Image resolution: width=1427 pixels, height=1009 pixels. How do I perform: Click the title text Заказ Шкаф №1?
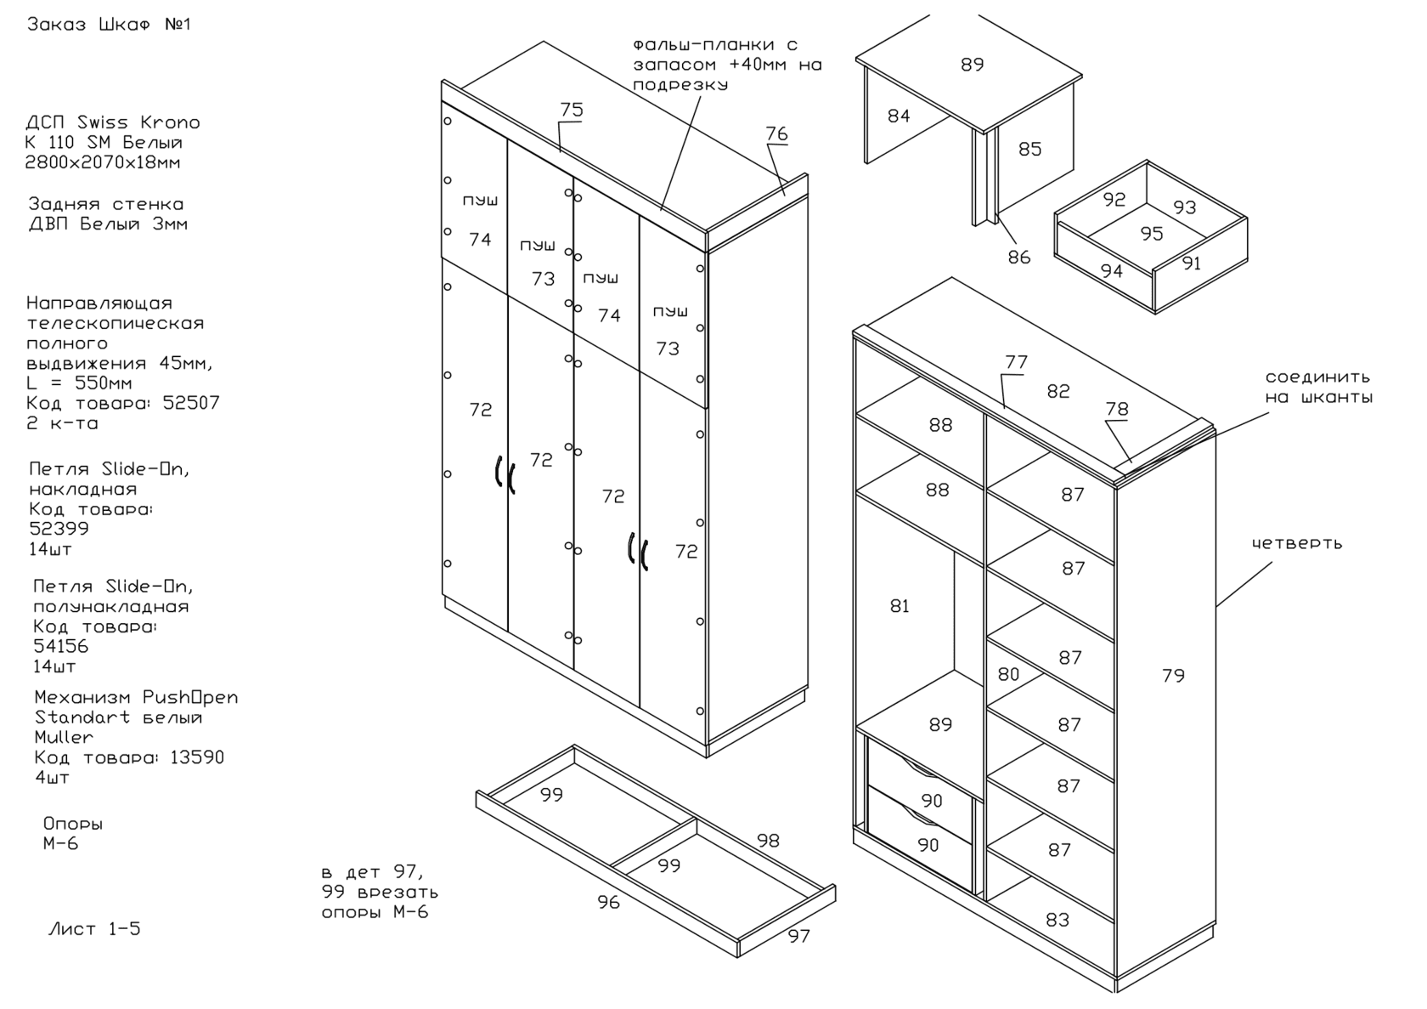tap(109, 25)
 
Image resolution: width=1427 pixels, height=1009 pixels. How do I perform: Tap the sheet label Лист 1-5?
tap(94, 929)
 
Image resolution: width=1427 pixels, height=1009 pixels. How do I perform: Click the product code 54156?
tap(60, 646)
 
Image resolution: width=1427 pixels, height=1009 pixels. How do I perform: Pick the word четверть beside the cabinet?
tap(1296, 543)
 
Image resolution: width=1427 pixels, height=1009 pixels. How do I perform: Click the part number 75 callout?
tap(572, 111)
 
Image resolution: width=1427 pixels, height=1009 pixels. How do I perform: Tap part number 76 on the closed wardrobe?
tap(776, 134)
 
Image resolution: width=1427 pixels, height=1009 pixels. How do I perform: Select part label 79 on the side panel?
tap(1173, 676)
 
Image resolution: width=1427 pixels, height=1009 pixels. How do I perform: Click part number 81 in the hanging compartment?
tap(900, 606)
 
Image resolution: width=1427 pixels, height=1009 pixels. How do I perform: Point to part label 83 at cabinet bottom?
tap(1058, 920)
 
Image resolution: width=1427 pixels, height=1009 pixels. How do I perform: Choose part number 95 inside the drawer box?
tap(1152, 234)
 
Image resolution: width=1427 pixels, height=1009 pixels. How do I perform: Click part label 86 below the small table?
tap(1019, 257)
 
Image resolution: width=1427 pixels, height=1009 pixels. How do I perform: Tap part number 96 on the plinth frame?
tap(608, 903)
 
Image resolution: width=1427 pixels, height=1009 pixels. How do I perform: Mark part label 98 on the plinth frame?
tap(768, 841)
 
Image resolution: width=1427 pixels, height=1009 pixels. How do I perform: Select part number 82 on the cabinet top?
tap(1058, 392)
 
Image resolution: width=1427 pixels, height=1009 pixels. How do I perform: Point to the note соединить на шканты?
tap(1318, 387)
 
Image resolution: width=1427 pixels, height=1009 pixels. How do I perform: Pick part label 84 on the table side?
tap(899, 116)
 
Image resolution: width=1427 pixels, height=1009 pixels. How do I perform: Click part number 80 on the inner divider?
tap(1008, 674)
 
